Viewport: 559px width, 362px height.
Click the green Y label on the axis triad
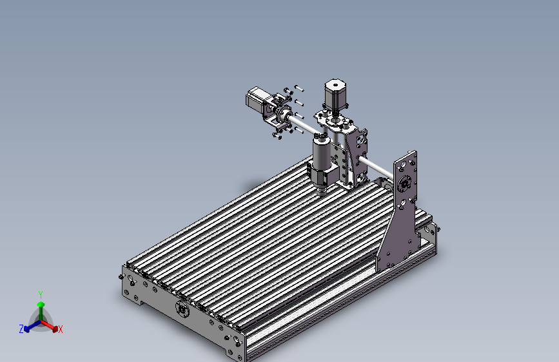(x=41, y=294)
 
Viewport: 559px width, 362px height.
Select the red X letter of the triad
(x=61, y=330)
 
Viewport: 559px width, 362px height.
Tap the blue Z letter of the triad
(x=21, y=329)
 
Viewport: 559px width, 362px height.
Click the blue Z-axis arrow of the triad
(x=29, y=327)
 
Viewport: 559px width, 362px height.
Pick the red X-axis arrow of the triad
(x=53, y=327)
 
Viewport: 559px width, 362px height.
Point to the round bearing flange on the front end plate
(x=182, y=310)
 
